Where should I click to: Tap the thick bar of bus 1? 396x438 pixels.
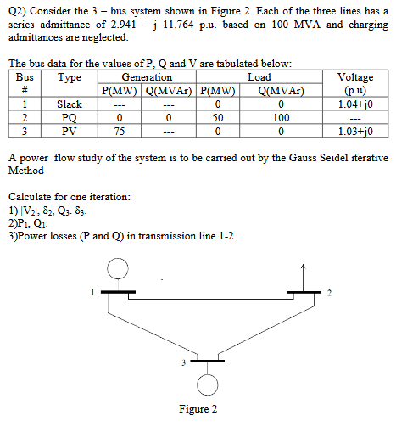[x=119, y=291]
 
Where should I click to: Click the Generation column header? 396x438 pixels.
[x=148, y=76]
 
